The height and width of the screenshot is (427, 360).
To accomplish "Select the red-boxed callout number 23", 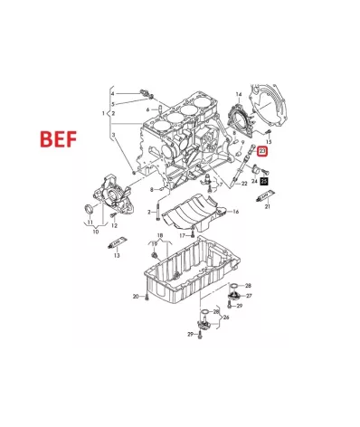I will [x=262, y=150].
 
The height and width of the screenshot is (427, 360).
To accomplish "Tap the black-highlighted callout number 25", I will [x=264, y=182].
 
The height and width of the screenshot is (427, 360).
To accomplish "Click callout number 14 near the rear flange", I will [x=239, y=94].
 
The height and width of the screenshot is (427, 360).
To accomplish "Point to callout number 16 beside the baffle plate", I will [x=235, y=212].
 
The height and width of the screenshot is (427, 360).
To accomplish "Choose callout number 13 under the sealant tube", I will [x=117, y=256].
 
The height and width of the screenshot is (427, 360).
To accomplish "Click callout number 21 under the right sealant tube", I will [x=267, y=207].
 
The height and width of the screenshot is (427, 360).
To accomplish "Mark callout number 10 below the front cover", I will [x=94, y=232].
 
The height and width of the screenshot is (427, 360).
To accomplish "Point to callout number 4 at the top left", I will [x=113, y=93].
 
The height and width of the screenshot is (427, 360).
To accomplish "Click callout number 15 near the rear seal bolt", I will [x=268, y=141].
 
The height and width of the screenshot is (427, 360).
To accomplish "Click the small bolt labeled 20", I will [x=146, y=296].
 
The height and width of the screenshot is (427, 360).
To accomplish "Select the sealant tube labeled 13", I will [x=118, y=243].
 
